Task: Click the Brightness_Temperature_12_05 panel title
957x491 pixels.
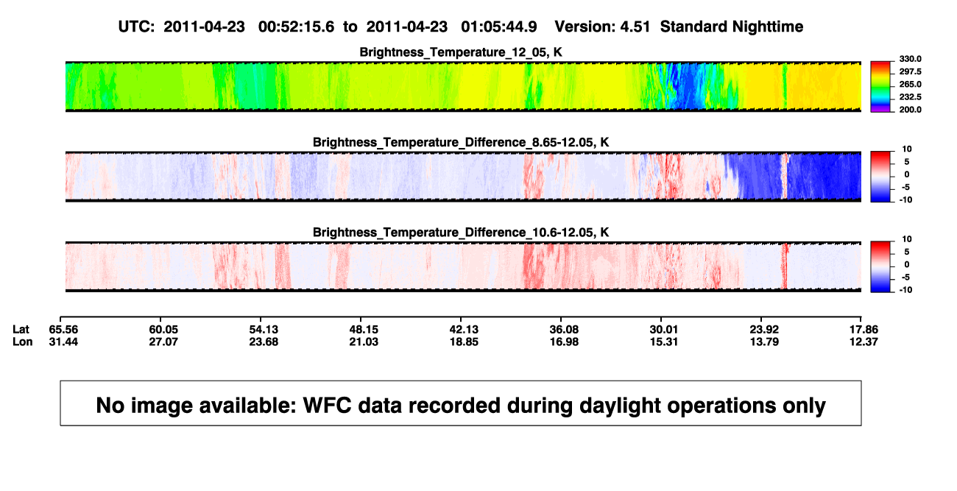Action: [x=461, y=52]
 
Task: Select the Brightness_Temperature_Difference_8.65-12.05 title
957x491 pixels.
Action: [x=461, y=142]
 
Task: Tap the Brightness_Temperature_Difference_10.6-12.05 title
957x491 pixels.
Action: [x=461, y=233]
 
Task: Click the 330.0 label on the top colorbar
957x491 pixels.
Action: [x=910, y=59]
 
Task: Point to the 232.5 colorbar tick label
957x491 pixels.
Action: [x=910, y=97]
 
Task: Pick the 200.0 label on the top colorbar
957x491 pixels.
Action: [x=910, y=110]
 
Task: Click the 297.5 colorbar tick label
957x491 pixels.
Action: [x=910, y=72]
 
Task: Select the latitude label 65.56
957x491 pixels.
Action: [x=63, y=330]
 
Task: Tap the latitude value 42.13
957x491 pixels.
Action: [x=464, y=330]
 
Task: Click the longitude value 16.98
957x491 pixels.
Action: [x=564, y=342]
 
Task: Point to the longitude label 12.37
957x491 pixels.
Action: [x=864, y=342]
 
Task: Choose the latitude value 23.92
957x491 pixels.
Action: [x=764, y=330]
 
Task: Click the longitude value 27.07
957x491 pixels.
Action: [x=163, y=342]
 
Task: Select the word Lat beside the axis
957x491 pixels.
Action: [x=21, y=330]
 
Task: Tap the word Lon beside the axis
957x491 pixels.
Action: [x=23, y=342]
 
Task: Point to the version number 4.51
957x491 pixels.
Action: [x=635, y=27]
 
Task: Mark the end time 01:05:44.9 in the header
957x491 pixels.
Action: [x=499, y=27]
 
